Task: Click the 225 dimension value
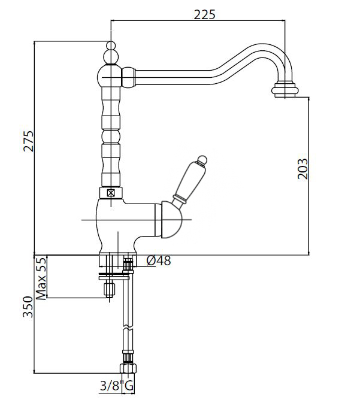tap(204, 14)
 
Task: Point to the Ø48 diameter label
tap(159, 261)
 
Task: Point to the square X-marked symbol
tap(110, 193)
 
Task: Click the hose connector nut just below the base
tap(127, 263)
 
